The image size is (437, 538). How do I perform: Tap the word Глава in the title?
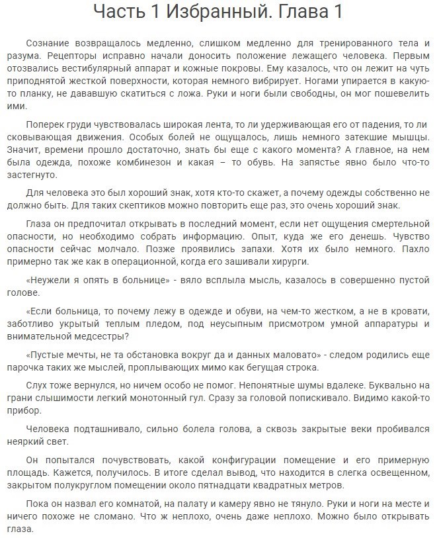298,13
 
